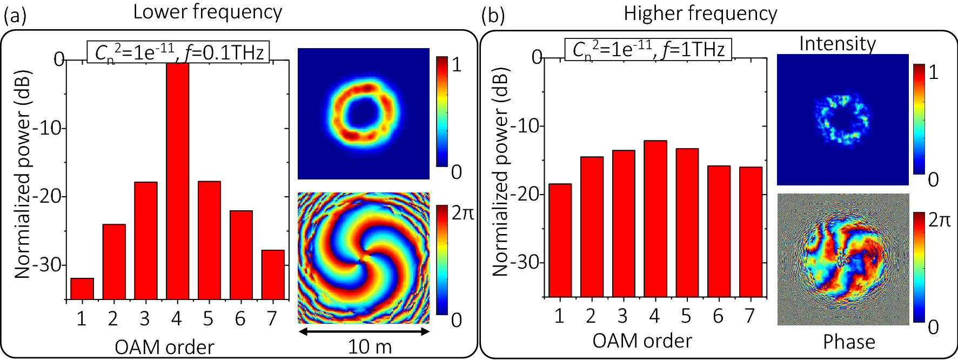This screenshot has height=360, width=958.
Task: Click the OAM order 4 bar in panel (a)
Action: click(x=177, y=181)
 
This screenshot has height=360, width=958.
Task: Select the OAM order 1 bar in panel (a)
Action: click(x=82, y=289)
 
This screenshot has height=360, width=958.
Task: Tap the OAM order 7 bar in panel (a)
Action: click(x=273, y=275)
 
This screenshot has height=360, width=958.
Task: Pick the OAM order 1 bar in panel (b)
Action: click(x=560, y=241)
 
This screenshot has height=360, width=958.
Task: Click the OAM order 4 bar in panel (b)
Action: click(x=655, y=219)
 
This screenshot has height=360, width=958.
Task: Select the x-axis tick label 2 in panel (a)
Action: click(x=113, y=319)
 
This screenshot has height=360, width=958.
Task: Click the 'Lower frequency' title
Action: click(x=207, y=12)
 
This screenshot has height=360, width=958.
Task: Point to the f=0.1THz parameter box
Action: click(x=178, y=52)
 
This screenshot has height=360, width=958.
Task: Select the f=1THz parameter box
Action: click(x=648, y=49)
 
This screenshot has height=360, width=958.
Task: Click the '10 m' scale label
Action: click(x=370, y=347)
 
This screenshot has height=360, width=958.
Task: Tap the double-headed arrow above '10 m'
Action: click(x=364, y=331)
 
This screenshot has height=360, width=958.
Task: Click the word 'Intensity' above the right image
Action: click(x=838, y=43)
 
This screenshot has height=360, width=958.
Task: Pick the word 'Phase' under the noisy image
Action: click(x=849, y=342)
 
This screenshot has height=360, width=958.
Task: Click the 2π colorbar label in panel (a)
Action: click(x=462, y=213)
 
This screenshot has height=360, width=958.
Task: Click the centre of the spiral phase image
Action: click(x=363, y=258)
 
